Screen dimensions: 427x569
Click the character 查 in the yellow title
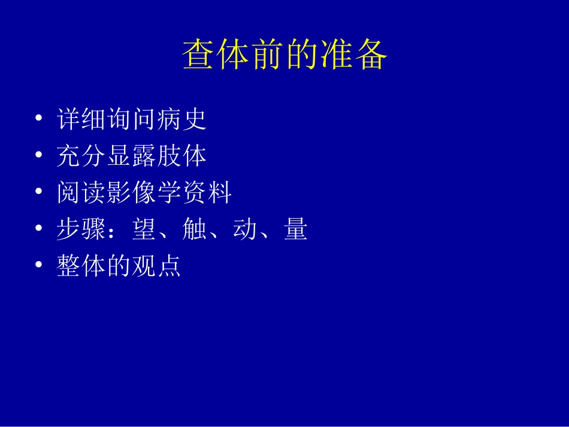pos(199,56)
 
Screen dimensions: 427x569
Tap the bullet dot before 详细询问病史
pos(39,119)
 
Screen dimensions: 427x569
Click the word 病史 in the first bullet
pos(181,119)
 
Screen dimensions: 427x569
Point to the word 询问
pos(132,119)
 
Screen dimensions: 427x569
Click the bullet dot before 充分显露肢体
pos(39,156)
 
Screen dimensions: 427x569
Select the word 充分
pos(81,156)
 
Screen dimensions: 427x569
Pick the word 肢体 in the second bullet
pos(181,156)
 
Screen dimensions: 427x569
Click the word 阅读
pos(81,193)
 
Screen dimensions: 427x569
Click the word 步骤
pos(81,229)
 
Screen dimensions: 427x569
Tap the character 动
pos(244,229)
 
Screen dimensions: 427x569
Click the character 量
pos(295,229)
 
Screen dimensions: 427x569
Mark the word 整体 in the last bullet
pos(81,266)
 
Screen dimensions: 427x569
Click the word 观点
pos(157,266)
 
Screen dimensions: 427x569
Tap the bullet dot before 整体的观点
pos(39,266)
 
